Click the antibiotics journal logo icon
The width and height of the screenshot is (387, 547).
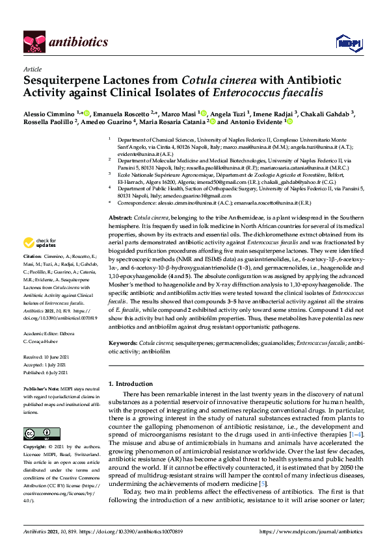click(33, 42)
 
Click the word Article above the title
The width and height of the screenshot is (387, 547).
click(33, 68)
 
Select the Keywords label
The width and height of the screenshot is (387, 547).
click(122, 342)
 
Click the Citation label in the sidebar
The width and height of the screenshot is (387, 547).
click(34, 257)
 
